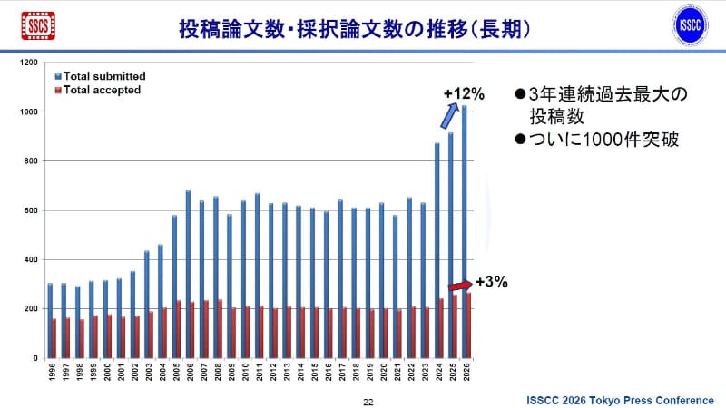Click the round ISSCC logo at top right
click(692, 25)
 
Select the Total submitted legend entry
click(104, 76)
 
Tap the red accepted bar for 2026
click(470, 325)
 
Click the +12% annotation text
click(464, 93)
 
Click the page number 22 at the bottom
click(368, 401)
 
